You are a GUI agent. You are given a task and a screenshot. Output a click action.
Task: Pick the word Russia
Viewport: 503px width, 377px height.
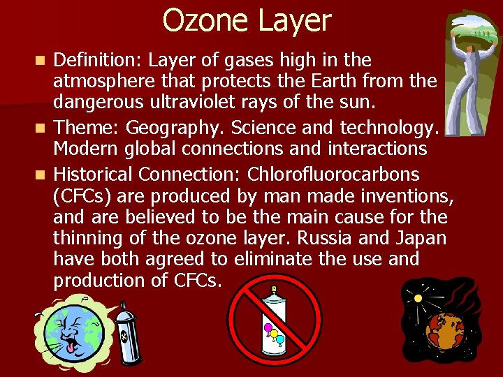(333, 238)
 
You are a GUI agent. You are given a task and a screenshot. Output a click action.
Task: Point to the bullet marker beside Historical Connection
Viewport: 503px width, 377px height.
(43, 174)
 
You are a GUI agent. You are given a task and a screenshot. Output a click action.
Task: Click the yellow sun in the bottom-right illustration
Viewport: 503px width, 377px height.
(418, 297)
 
